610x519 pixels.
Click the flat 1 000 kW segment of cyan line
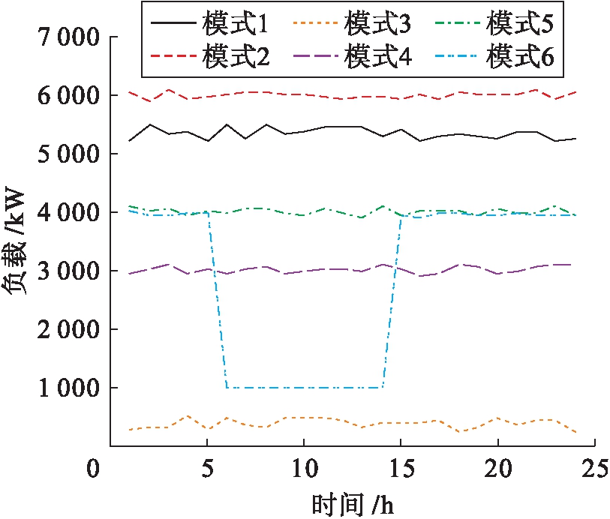point(304,388)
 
